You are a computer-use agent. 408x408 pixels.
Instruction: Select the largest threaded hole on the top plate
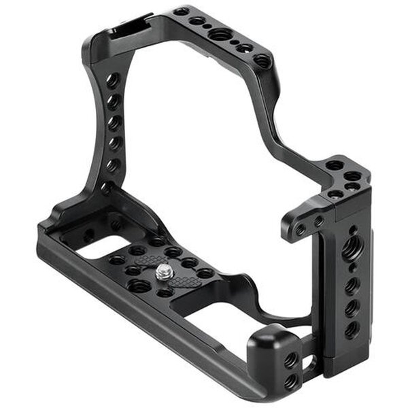[220, 34]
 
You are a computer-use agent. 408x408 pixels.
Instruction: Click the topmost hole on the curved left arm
[113, 80]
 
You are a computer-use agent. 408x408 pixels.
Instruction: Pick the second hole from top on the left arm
[114, 102]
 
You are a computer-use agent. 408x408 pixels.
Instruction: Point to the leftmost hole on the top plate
[181, 12]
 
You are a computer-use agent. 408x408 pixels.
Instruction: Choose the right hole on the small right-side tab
[318, 222]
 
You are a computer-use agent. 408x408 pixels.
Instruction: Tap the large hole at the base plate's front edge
[139, 286]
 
